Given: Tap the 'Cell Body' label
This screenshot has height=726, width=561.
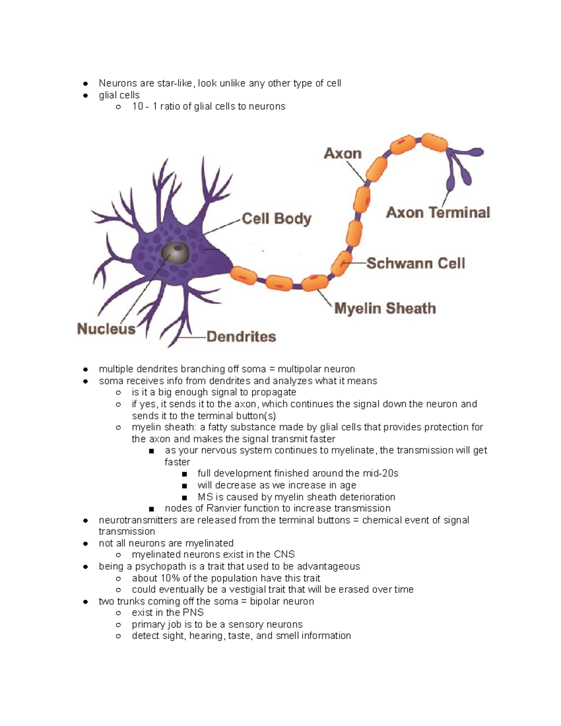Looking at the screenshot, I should (276, 219).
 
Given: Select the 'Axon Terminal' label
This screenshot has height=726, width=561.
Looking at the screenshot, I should (438, 213).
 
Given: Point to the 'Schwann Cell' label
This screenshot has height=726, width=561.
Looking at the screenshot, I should (416, 263).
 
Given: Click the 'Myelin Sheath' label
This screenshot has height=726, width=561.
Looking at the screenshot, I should (385, 309).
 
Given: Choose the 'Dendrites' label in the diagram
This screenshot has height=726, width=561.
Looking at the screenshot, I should (241, 337).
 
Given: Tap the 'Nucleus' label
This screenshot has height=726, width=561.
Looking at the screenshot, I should (106, 329).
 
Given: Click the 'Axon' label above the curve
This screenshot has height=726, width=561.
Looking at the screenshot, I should (343, 153).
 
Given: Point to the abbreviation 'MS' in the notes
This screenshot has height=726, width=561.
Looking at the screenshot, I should (205, 497).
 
